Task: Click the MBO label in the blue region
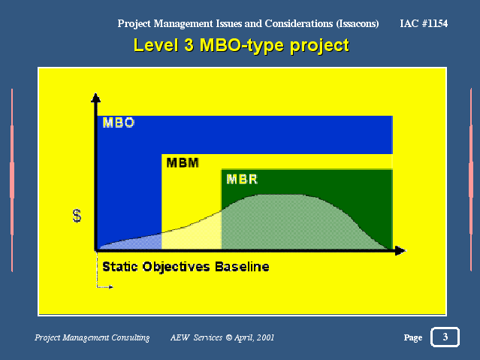[119, 123]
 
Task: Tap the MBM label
[183, 162]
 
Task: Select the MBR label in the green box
[242, 179]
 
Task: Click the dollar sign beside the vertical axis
[77, 216]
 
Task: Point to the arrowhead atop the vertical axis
[96, 98]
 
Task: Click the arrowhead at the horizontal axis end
[400, 250]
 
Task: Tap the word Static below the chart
[120, 267]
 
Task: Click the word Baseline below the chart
[242, 267]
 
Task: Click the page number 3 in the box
[445, 337]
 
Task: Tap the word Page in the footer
[413, 337]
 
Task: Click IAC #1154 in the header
[424, 23]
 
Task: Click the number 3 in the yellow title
[189, 45]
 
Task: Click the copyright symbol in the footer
[228, 337]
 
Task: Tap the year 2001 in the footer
[266, 337]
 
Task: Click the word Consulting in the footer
[131, 337]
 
